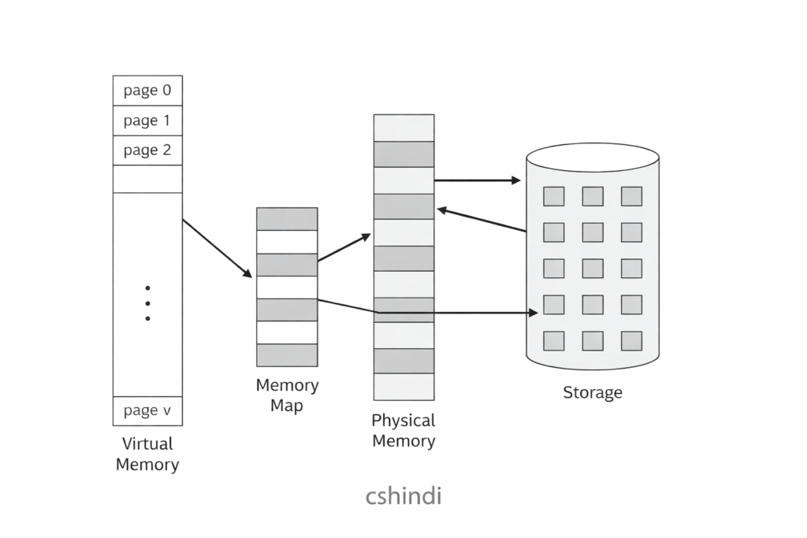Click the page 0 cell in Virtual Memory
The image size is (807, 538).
pos(147,91)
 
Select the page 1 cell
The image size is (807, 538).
pos(147,121)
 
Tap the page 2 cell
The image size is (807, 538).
pos(147,150)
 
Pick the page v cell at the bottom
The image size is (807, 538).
pos(147,410)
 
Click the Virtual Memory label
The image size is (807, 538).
pos(147,454)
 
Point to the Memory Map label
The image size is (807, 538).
pos(287,395)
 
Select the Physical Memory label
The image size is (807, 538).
pos(403,430)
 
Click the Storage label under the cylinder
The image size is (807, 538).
pos(593,392)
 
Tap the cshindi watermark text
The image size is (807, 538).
pos(403,497)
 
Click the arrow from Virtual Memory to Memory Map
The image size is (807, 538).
pos(217,248)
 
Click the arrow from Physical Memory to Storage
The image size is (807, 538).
pos(477,180)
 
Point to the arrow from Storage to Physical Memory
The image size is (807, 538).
pos(481,220)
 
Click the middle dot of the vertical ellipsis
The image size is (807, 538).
pos(147,302)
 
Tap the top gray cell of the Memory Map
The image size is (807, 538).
pos(287,219)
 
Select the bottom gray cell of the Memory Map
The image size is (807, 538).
pos(287,355)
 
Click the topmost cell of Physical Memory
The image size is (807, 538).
pos(403,128)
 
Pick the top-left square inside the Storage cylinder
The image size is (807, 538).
pos(554,196)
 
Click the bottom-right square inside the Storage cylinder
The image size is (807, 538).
pos(631,340)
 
